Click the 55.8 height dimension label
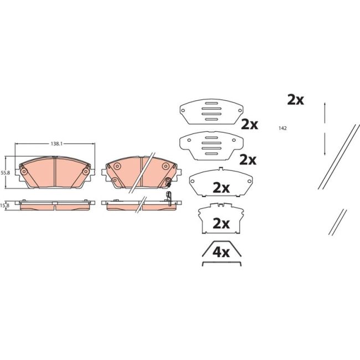(5, 173)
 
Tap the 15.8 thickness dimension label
(4, 205)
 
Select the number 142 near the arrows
(282, 128)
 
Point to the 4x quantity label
(221, 253)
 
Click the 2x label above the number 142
(296, 100)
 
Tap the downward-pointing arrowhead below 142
(325, 153)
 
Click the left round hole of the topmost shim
(183, 111)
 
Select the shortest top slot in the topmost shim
(212, 104)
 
